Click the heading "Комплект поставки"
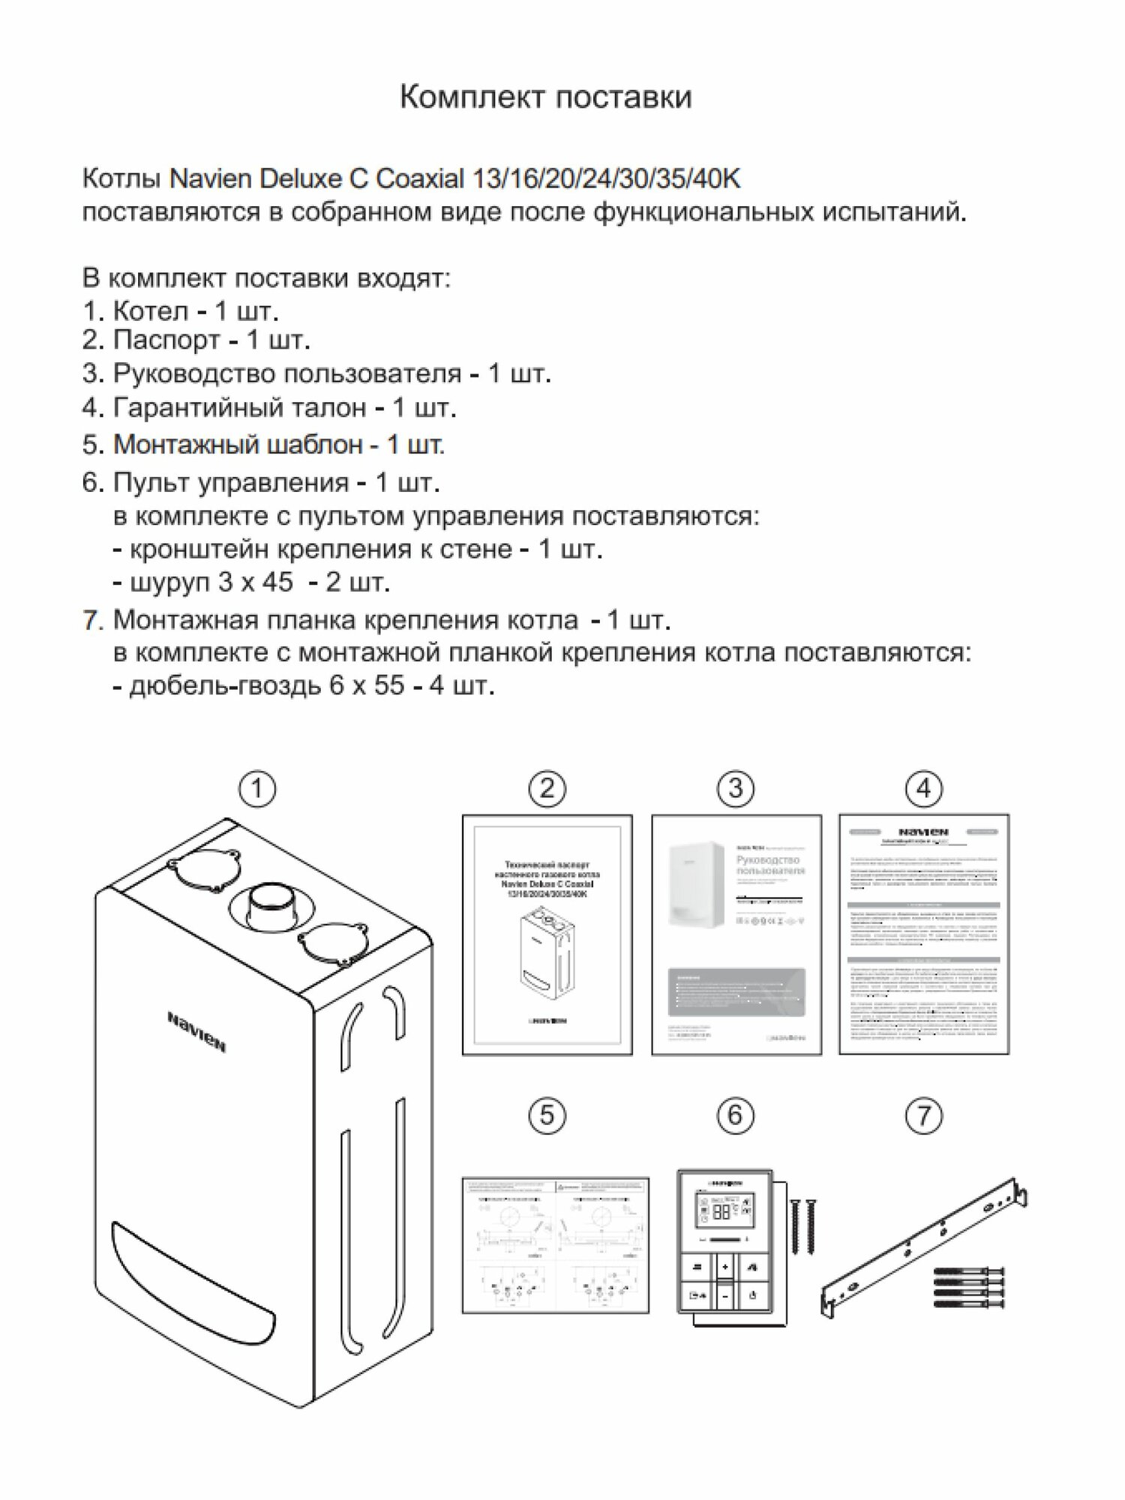(545, 97)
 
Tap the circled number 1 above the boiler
(257, 789)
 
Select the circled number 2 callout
(547, 788)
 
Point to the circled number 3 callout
(735, 788)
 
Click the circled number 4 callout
(924, 788)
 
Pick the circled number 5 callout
(547, 1115)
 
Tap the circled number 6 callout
(735, 1115)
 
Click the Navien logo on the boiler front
(196, 1032)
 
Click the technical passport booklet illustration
(547, 934)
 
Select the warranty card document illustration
(924, 934)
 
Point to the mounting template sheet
(555, 1245)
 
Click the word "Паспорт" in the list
(166, 340)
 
